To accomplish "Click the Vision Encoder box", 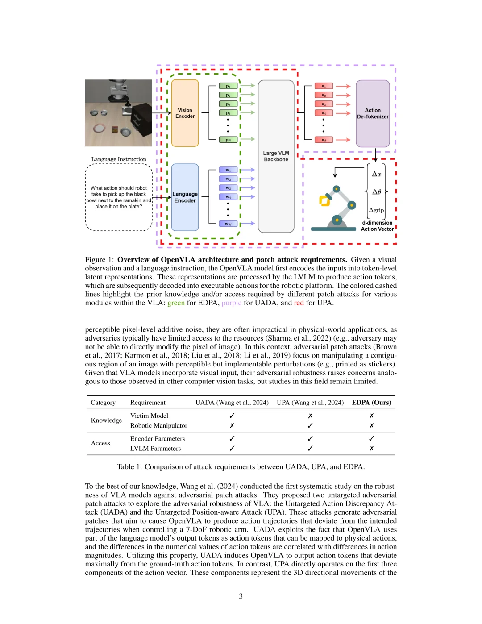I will point(185,113).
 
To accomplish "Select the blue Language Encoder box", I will point(185,197).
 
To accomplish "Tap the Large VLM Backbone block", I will point(276,156).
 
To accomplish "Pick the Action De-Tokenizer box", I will point(373,113).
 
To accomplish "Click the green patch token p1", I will point(228,86).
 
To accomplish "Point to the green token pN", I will point(228,140).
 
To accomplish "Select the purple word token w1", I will point(228,170).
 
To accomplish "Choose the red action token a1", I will point(324,86).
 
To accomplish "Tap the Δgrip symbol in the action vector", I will point(376,210).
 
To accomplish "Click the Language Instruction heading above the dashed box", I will point(119,159).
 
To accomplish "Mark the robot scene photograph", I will point(118,113).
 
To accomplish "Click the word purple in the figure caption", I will point(231,303).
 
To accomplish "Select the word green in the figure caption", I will point(176,303).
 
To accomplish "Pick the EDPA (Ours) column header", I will point(371,403).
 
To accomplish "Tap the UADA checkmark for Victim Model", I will point(232,416).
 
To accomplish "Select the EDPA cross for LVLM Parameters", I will point(371,449).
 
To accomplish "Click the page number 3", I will point(241,596).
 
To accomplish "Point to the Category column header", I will point(103,403).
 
